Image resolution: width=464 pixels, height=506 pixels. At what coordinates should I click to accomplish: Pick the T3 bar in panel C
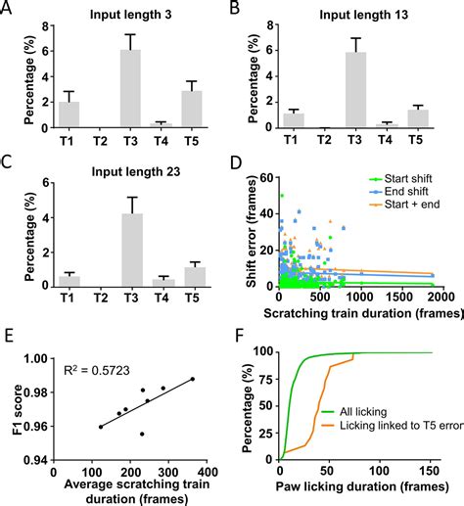point(129,250)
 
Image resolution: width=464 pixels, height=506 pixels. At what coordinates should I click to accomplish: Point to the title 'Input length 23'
point(116,173)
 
